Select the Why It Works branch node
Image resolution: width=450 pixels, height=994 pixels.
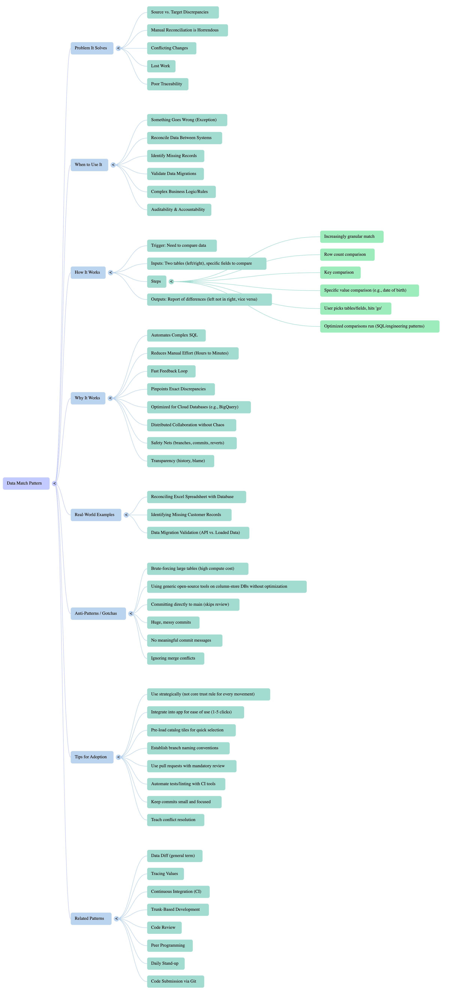pos(88,398)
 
